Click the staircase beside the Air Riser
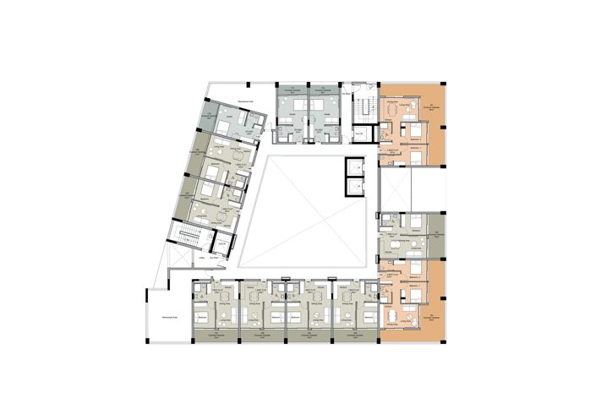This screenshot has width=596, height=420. pyautogui.click(x=364, y=109)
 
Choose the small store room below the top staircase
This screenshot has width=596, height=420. pyautogui.click(x=359, y=134)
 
